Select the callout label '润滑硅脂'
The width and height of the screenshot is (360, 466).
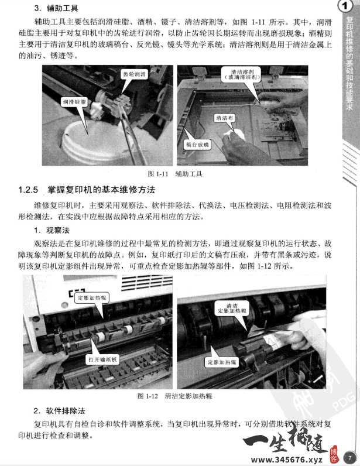(x=75, y=102)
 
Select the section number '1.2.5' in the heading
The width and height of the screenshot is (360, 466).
(x=28, y=190)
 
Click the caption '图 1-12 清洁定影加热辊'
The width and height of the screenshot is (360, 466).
(x=174, y=396)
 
